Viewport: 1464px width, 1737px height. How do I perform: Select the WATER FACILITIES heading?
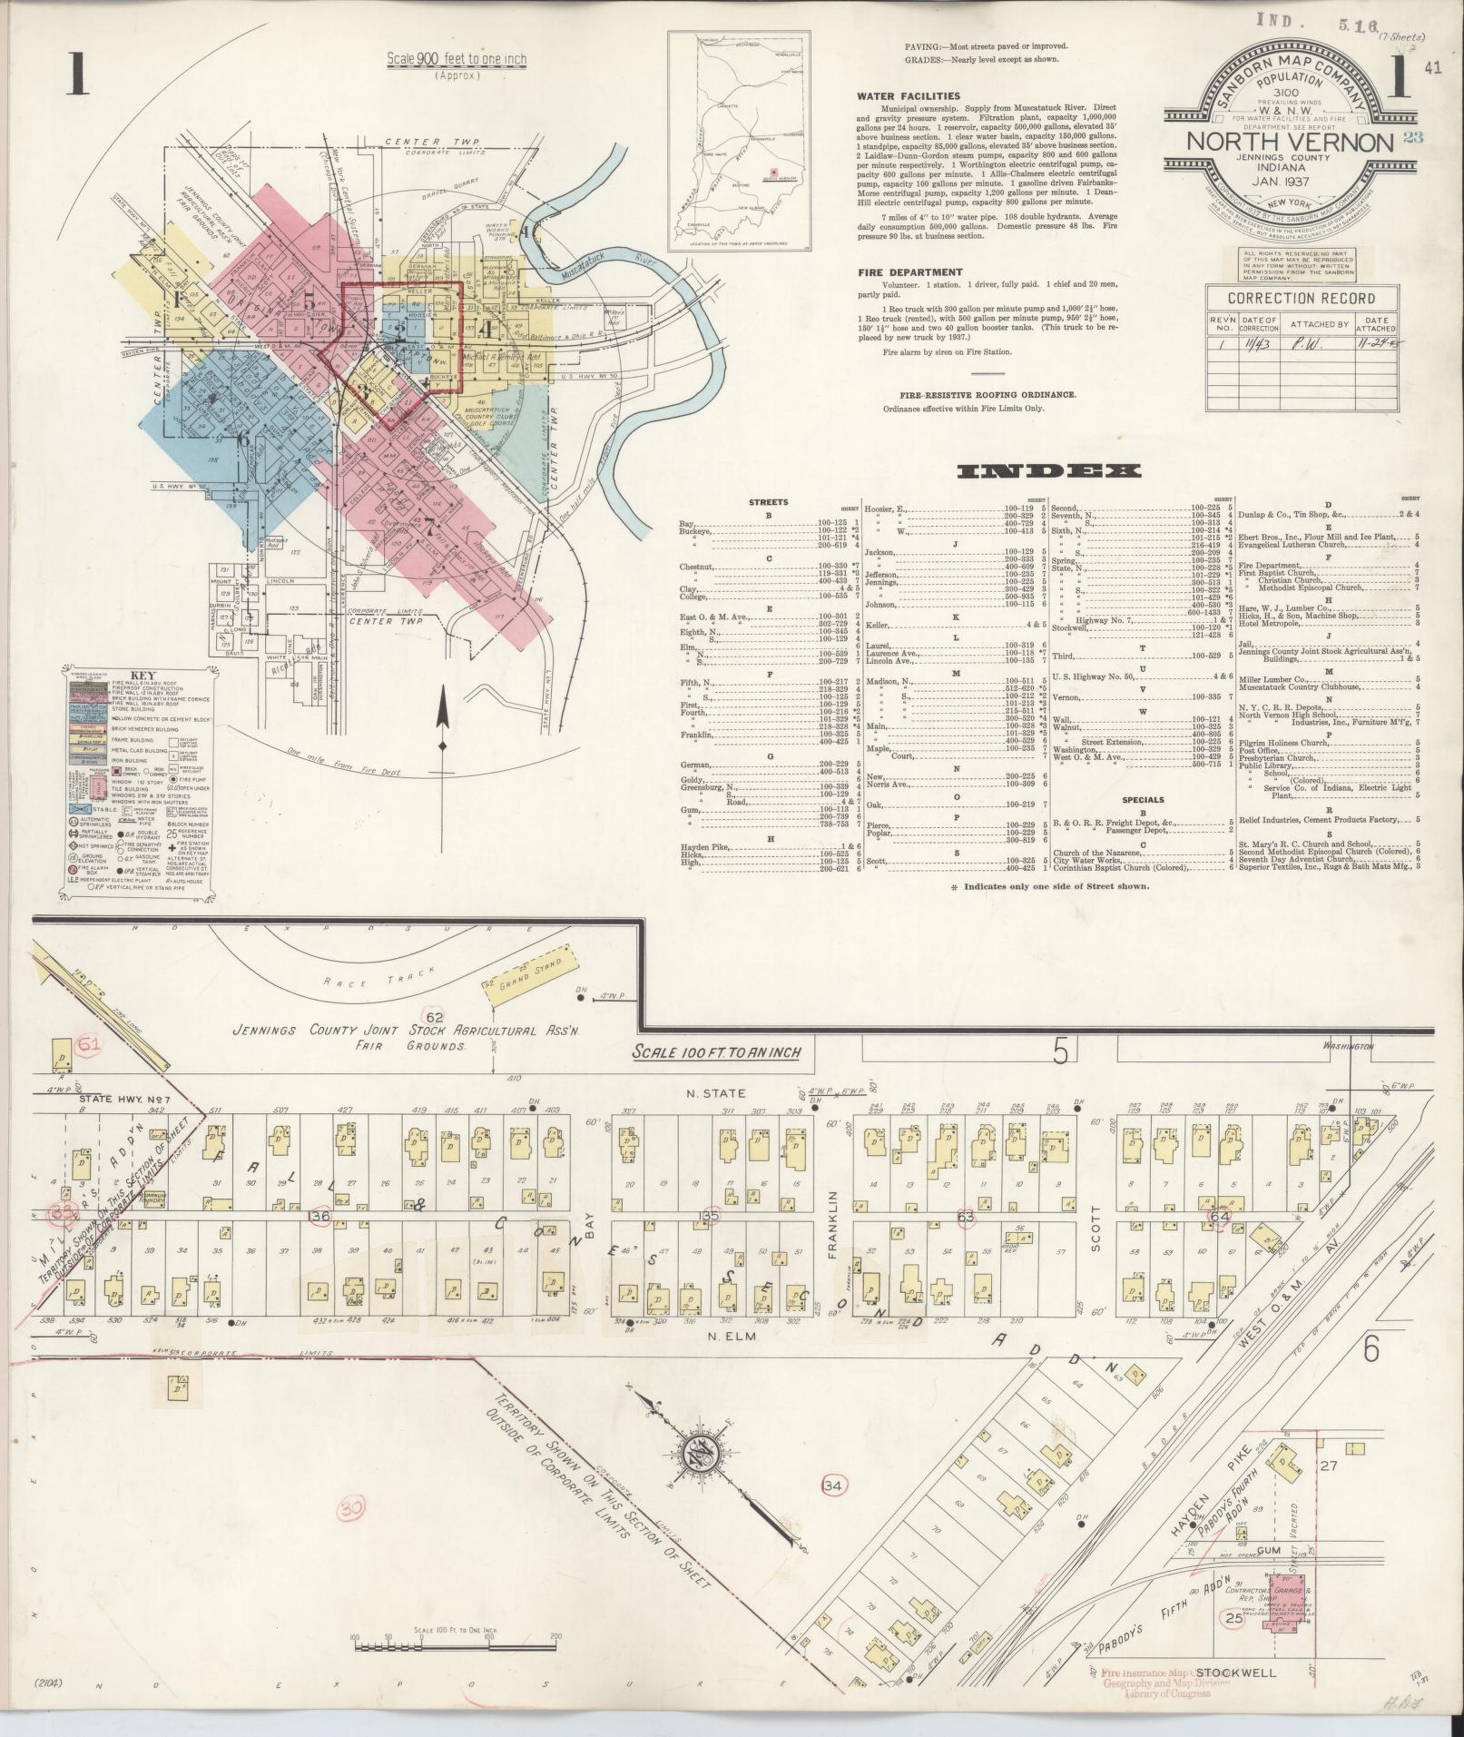click(909, 95)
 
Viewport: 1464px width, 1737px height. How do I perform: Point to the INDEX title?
click(1048, 471)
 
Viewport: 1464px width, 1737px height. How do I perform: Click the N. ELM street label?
click(733, 1337)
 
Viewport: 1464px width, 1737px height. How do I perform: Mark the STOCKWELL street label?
click(1235, 1673)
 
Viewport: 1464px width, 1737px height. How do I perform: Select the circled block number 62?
click(436, 1015)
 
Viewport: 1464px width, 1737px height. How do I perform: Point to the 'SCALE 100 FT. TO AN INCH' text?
click(722, 1051)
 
